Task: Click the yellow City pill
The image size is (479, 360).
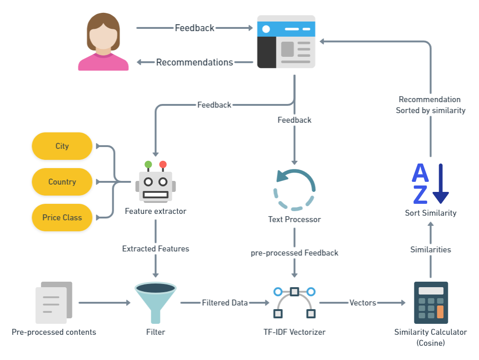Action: (62, 146)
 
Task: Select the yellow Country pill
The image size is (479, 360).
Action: (62, 182)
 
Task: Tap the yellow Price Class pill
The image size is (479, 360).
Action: (62, 218)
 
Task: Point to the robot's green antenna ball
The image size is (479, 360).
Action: (148, 164)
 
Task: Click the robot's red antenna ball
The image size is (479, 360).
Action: (163, 164)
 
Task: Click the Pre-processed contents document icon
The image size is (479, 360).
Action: (54, 303)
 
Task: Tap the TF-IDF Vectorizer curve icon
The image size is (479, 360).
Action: (294, 302)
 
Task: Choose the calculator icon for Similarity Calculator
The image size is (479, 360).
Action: (431, 303)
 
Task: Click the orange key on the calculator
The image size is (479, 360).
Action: (440, 312)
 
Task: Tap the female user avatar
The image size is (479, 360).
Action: (103, 42)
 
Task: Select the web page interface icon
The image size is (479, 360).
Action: (286, 42)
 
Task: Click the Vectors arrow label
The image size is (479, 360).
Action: (363, 303)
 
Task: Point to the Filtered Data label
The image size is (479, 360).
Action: (225, 303)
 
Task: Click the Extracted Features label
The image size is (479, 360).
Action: (155, 249)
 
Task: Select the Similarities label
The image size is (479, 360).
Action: (430, 250)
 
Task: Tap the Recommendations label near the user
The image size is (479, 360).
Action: (194, 62)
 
